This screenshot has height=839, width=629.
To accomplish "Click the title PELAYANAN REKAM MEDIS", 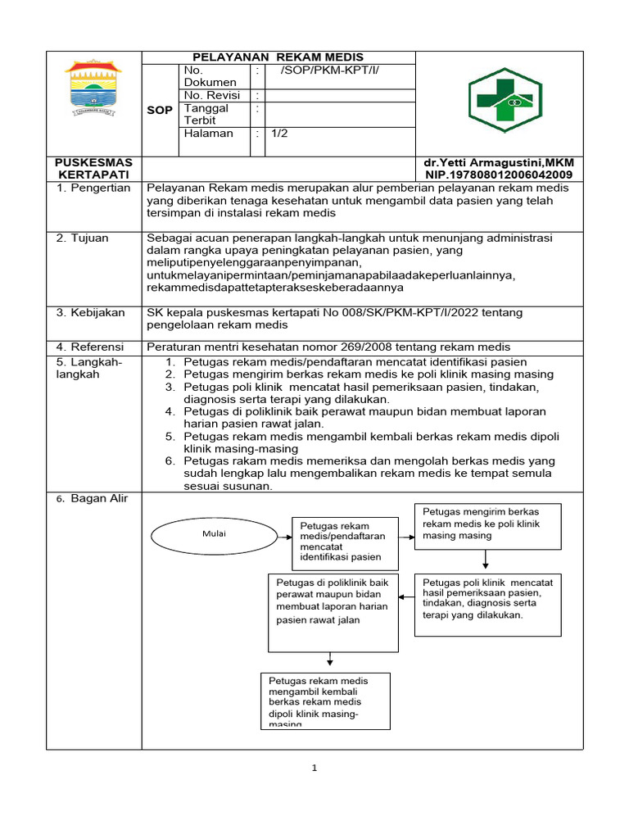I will pos(278,57).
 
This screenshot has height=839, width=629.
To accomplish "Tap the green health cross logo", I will pos(500,100).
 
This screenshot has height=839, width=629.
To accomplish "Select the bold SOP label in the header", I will pos(160,110).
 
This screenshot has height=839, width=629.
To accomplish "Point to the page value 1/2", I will pos(280,134).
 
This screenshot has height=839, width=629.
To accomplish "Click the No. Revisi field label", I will pos(211,95).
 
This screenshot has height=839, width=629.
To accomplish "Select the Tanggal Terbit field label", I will pos(206,114).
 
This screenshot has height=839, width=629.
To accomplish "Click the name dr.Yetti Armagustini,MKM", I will pos(499,163).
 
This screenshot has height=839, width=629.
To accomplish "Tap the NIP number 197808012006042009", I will pos(499,175).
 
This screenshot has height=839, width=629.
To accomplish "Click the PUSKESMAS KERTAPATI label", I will pos(93,169).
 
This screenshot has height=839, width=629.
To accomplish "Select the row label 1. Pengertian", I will pos(93,188).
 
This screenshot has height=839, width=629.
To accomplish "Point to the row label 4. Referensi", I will pos(93,347).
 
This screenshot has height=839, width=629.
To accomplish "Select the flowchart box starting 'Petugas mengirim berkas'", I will pos(487,525).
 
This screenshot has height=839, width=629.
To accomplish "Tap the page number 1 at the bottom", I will pos(314,769).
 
